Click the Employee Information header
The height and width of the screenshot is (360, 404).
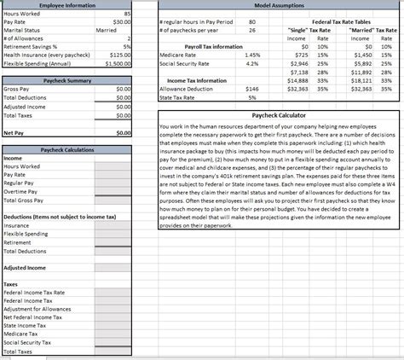tap(67, 6)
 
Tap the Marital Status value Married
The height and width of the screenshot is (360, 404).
tap(107, 30)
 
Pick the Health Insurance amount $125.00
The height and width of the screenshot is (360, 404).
tap(118, 55)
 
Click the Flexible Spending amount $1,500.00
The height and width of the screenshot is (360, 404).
tap(117, 63)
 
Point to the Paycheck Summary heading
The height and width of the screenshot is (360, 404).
tap(66, 80)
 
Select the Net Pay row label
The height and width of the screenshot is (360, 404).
tap(13, 133)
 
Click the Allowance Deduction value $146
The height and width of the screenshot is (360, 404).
tap(251, 89)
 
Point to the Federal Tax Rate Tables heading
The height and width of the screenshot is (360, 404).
tap(341, 21)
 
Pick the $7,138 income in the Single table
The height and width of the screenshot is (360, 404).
tap(297, 72)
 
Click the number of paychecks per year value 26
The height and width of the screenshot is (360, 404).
tap(251, 30)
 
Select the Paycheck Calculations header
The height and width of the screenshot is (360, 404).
tap(66, 150)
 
